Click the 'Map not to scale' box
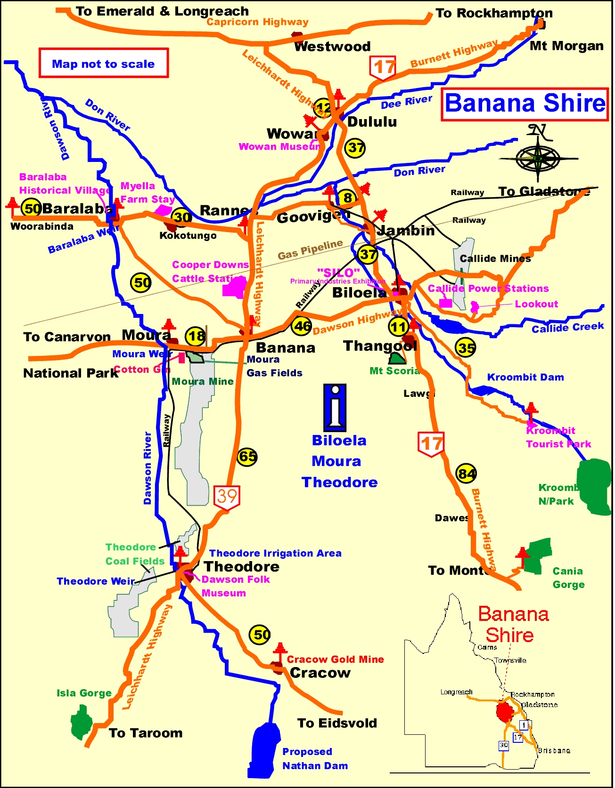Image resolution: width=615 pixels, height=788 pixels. pos(103,63)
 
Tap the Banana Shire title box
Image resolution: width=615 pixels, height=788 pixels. pos(525,104)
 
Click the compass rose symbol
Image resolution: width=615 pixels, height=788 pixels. pos(538,158)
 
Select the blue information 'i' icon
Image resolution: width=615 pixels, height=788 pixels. pos(335,408)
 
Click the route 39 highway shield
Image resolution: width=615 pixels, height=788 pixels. pos(227,497)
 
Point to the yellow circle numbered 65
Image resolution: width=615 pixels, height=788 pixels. pos(247,456)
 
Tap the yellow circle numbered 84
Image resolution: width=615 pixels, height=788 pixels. pos(466,474)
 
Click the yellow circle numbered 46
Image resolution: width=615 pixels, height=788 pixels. pos(302,326)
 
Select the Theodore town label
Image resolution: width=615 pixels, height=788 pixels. pos(241,566)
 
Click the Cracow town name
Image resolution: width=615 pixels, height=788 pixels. pos(320,673)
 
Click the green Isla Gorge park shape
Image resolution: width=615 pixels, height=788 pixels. pos(82,723)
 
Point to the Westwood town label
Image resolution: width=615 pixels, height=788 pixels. pos(332,46)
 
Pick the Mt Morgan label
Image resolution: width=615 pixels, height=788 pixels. pos(566,46)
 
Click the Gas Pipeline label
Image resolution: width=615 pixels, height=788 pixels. pos(310,249)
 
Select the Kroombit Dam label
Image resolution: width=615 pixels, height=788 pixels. pos(525,377)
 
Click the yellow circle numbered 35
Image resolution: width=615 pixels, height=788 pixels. pos(466,348)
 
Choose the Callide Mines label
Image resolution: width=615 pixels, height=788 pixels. pos(495,258)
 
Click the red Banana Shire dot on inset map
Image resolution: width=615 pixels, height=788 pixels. pos(504,712)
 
